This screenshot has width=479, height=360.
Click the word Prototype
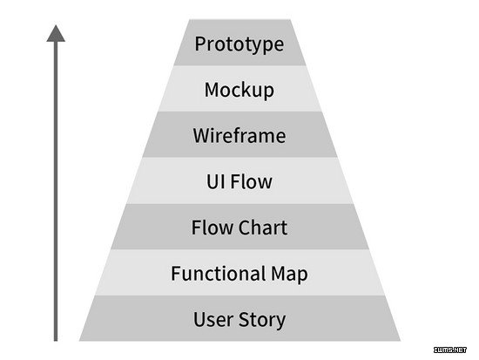click(239, 44)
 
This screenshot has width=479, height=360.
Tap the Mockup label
click(239, 91)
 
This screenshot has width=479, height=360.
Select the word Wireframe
click(239, 135)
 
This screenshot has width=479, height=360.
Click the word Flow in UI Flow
click(251, 181)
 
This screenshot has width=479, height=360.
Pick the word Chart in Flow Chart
click(263, 228)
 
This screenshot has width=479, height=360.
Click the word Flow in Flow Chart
click(213, 228)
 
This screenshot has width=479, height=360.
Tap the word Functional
click(218, 273)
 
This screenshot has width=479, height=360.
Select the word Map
click(289, 275)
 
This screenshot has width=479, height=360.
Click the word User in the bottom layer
click(213, 320)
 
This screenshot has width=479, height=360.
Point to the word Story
click(262, 321)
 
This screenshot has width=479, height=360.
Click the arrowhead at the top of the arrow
click(56, 34)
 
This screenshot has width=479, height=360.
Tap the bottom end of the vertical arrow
click(56, 341)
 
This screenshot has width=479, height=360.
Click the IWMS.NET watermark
click(450, 350)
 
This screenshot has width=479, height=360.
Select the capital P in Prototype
click(200, 44)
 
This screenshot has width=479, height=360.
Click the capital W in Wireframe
click(203, 135)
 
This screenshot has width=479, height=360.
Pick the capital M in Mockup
click(212, 90)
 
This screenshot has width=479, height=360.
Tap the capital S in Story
click(244, 320)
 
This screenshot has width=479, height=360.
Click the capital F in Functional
click(175, 273)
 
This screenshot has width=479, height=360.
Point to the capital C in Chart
click(245, 228)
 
